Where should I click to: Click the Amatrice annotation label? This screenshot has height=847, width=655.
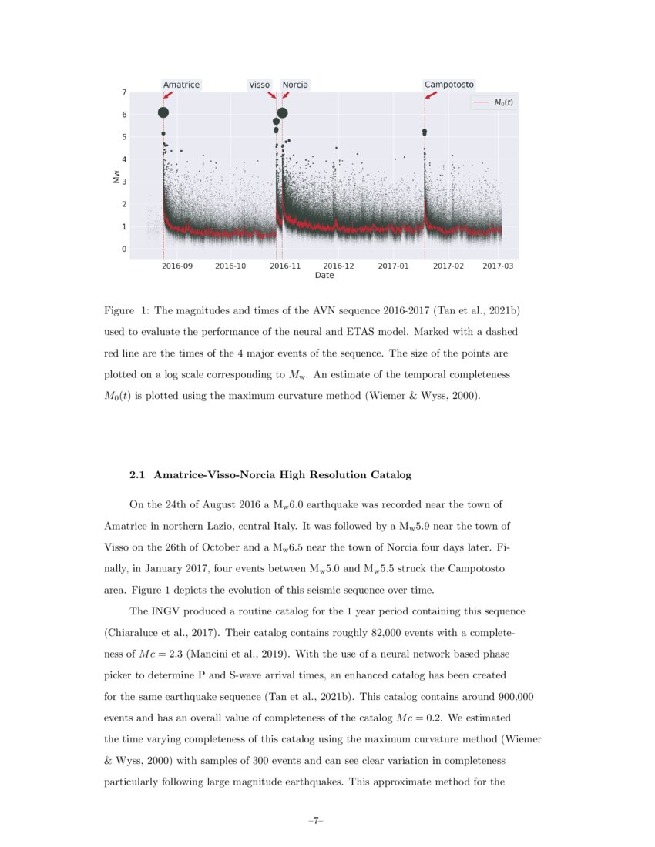pos(181,85)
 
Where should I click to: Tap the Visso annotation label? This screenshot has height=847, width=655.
pos(259,85)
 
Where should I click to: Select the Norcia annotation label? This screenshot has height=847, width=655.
pos(295,85)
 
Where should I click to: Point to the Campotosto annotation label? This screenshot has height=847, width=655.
pos(449,85)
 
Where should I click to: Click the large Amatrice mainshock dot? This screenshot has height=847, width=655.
pos(163,112)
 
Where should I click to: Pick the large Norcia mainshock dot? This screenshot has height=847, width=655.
pos(283,112)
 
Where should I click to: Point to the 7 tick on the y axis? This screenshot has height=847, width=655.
pos(124,92)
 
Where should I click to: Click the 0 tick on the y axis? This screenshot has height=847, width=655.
pos(124,249)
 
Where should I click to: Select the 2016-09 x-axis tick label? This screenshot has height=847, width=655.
pos(177,266)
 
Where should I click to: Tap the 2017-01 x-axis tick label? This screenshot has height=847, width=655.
pos(393,266)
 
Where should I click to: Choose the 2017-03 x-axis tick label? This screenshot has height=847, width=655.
pos(498,266)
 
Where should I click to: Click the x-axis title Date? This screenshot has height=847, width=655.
pos(324,275)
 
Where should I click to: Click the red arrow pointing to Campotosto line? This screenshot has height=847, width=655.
pos(431,94)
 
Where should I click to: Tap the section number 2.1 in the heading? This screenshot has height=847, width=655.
pos(138,475)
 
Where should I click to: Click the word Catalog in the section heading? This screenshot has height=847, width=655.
pos(391,475)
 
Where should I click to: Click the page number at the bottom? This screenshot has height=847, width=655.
pos(315,821)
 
